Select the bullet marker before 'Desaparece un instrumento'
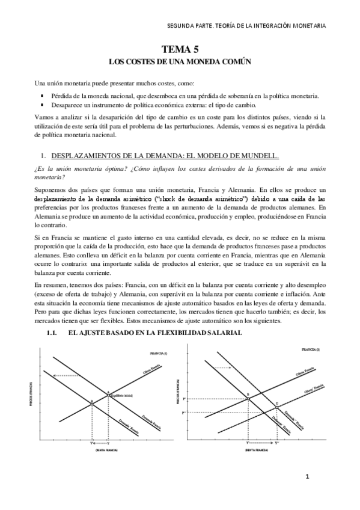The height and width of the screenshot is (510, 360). coord(43,105)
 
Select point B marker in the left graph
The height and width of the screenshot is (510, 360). coord(91,402)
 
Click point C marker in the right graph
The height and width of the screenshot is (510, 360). coord(276,408)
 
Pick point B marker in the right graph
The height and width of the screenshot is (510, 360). coord(248,398)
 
